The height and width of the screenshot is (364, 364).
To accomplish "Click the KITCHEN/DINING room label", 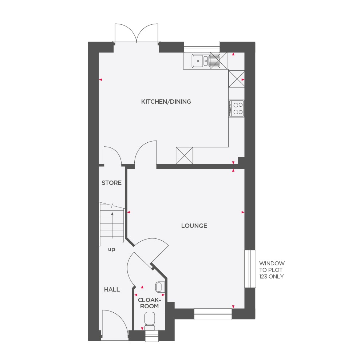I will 166,102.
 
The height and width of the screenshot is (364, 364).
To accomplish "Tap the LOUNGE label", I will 194,226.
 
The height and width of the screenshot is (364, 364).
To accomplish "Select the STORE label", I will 111,183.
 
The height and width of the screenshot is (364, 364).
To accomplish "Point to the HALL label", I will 112,289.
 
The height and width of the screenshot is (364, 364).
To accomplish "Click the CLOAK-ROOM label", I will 149,303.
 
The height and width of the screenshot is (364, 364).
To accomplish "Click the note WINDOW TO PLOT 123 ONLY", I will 272,270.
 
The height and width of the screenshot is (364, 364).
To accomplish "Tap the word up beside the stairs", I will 111,249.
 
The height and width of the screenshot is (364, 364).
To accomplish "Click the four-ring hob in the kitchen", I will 237,108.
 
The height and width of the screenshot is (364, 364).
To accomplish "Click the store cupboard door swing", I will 111,156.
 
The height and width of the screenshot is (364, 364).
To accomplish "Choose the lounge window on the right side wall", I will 250,269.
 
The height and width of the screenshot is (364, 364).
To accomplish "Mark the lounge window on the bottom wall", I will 213,314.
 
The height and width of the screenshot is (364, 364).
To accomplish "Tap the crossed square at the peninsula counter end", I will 185,155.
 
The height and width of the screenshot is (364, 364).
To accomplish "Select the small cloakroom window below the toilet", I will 152,336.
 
